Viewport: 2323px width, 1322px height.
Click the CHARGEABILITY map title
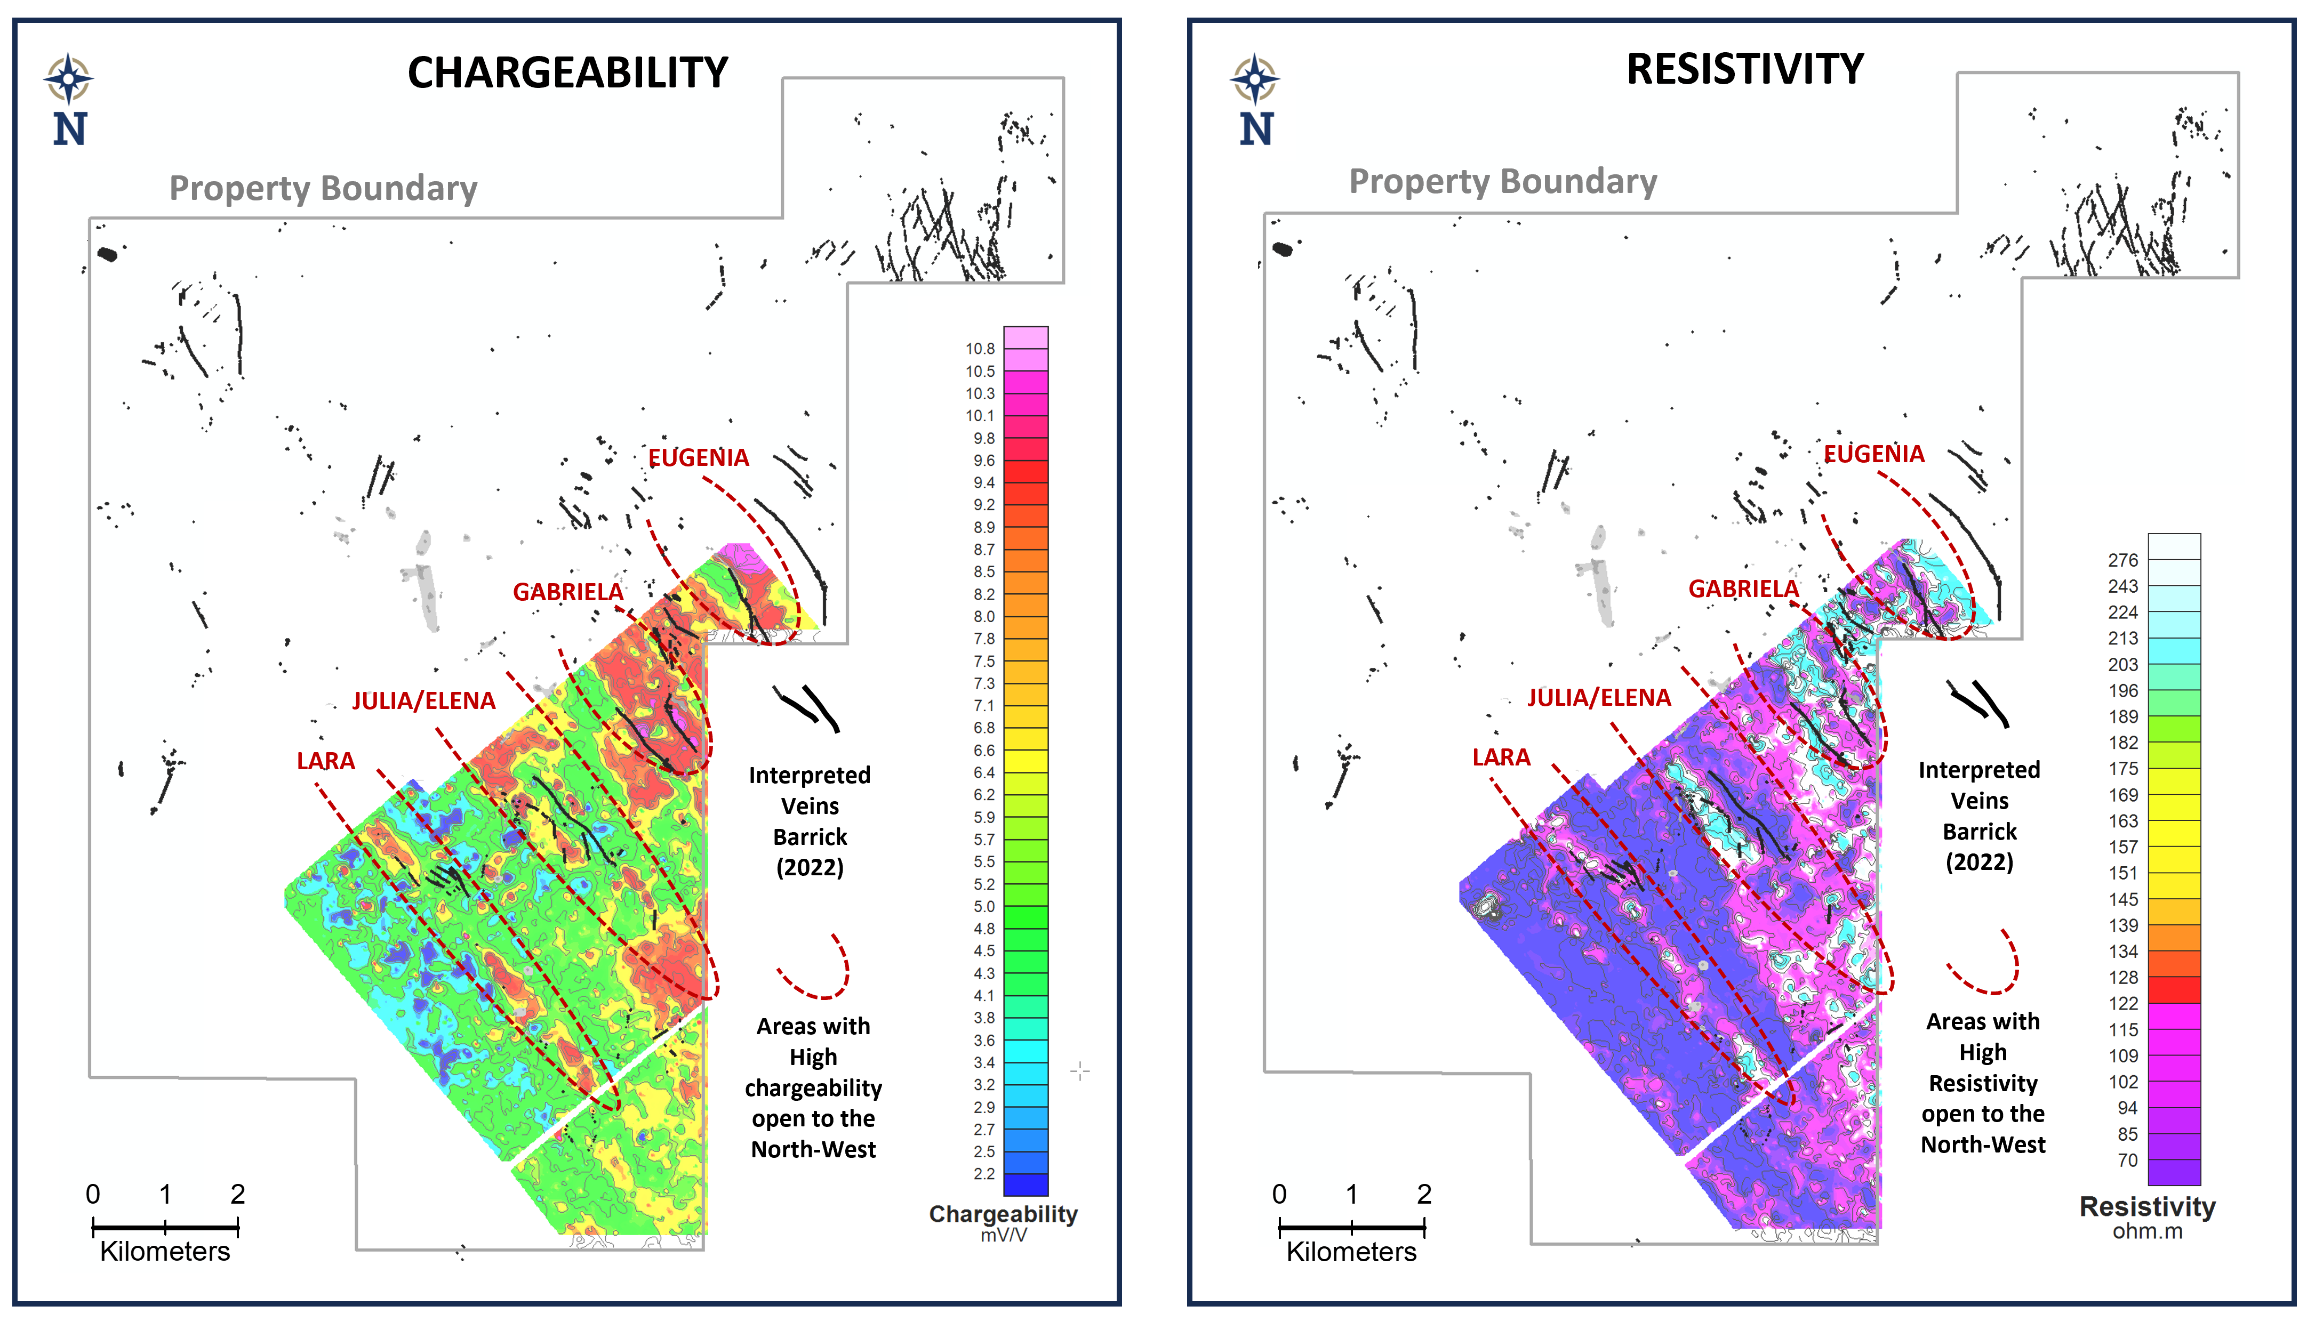(x=567, y=72)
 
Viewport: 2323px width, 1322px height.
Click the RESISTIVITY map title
(x=1744, y=69)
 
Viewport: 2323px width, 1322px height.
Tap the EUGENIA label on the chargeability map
(x=699, y=457)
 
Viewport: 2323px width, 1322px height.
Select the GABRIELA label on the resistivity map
(x=1743, y=589)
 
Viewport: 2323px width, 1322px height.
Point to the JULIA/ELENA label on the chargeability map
(x=424, y=701)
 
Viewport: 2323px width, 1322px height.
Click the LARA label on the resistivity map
(x=1501, y=757)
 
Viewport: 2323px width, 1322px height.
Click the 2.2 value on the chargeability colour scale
(x=983, y=1174)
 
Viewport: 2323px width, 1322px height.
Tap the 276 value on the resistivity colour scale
(x=2122, y=560)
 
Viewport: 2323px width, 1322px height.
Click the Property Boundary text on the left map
(x=323, y=188)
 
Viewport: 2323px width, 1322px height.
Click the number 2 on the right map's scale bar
(x=1424, y=1194)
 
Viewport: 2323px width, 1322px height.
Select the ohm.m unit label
(x=2147, y=1232)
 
